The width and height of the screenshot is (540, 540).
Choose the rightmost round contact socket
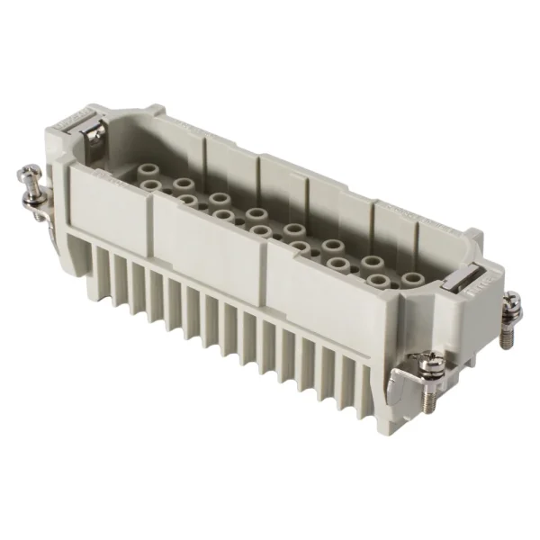[410, 281]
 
